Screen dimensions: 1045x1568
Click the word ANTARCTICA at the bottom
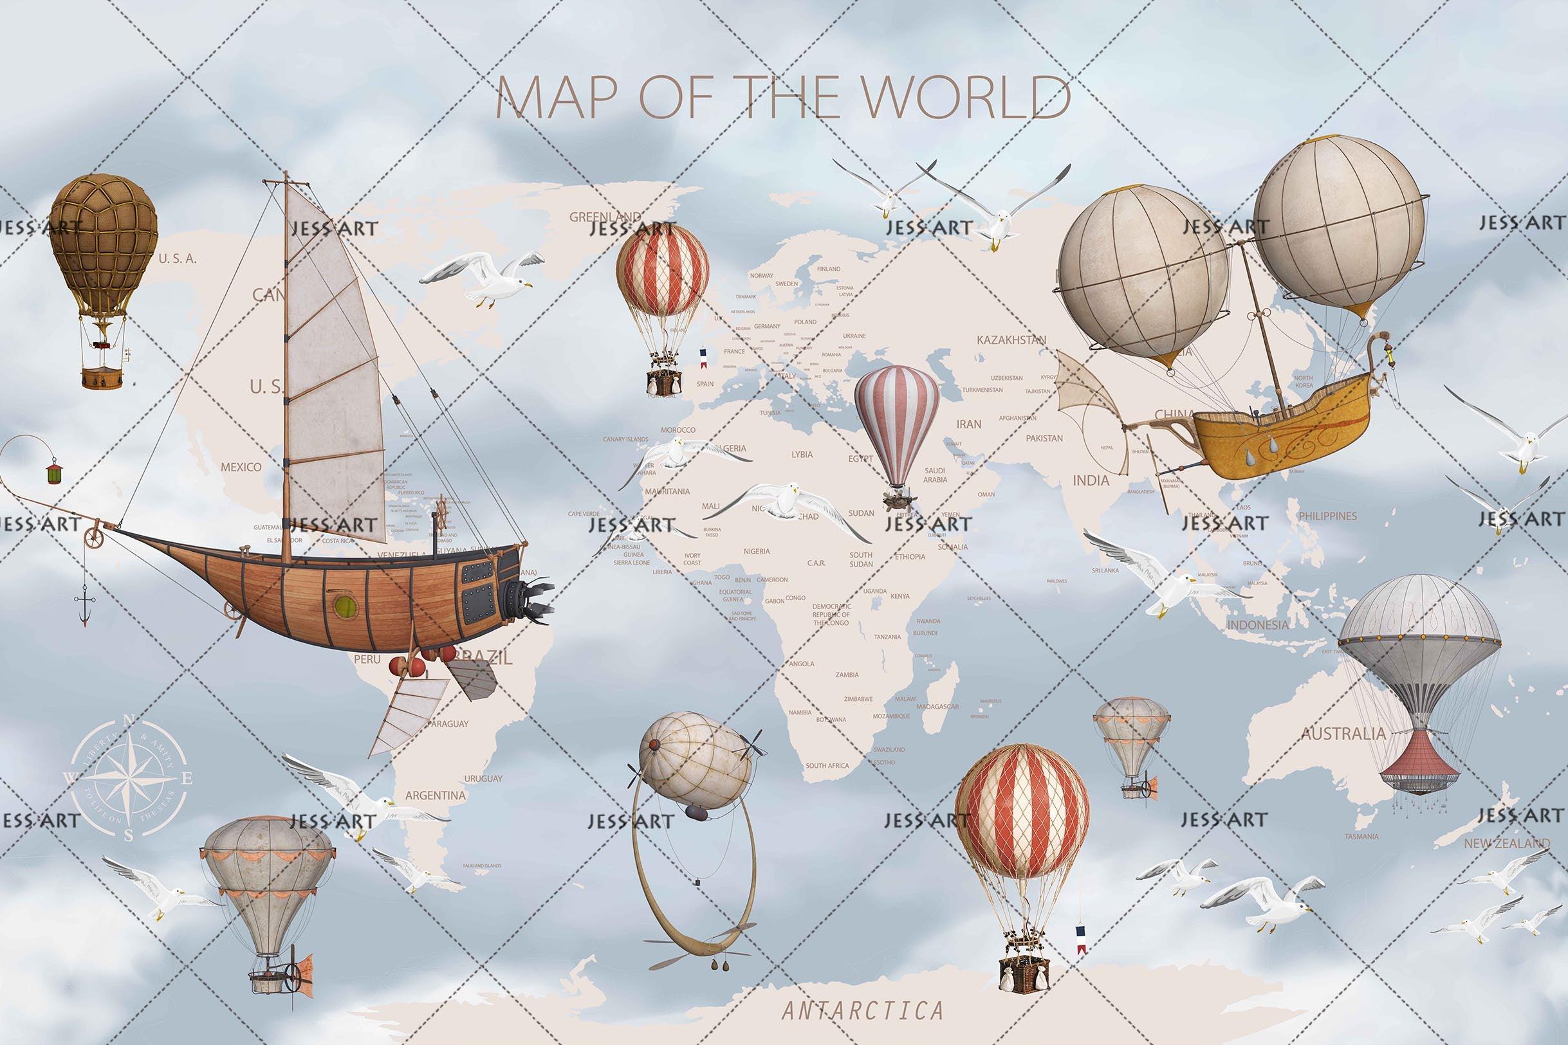click(x=863, y=1010)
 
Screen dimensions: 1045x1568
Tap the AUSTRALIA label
click(x=1343, y=734)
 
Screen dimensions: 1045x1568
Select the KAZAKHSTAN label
click(x=1011, y=340)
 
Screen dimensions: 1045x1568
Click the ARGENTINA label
click(x=436, y=795)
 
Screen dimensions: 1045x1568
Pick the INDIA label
click(x=1091, y=480)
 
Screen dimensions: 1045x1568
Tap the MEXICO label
click(x=241, y=467)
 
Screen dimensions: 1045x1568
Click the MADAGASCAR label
click(x=937, y=707)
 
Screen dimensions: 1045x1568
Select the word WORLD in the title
click(x=970, y=97)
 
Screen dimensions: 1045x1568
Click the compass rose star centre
click(x=128, y=777)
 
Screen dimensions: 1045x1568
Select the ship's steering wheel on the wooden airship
click(x=441, y=510)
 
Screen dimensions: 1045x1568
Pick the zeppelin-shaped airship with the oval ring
click(x=695, y=759)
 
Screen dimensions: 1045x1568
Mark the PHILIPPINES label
click(x=1327, y=516)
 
